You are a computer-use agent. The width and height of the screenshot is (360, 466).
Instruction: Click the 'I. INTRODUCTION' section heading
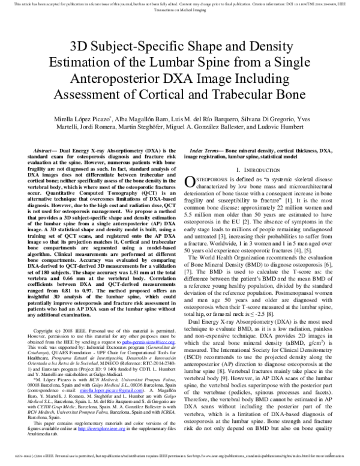pos(262,172)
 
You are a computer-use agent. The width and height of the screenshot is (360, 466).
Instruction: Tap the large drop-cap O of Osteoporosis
pos(189,183)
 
